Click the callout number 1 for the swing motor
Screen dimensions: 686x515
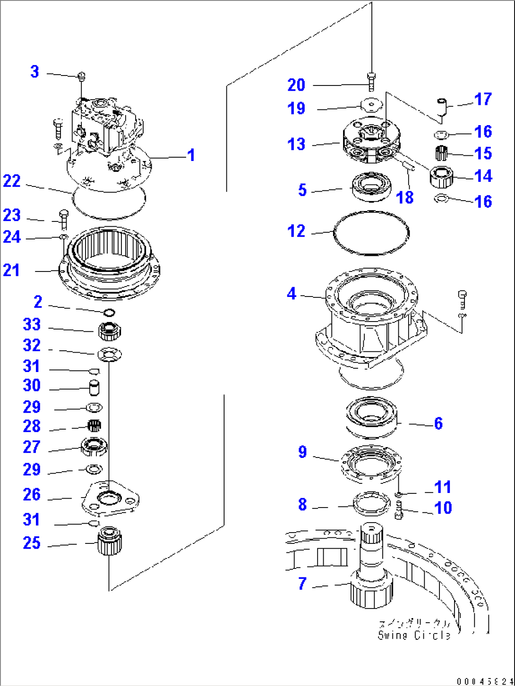pos(191,155)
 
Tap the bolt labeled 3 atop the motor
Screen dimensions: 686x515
pos(81,75)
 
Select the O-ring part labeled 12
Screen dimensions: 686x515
pos(371,233)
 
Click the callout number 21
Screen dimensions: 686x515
pos(12,270)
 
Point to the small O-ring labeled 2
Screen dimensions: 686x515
pos(109,312)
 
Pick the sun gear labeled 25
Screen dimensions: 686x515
pos(110,541)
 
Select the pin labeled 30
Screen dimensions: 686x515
pos(95,388)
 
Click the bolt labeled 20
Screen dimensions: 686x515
pos(371,82)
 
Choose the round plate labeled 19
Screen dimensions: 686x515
pos(371,105)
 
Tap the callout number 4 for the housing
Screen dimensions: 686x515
pos(292,294)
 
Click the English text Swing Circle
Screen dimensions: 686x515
pos(414,635)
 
